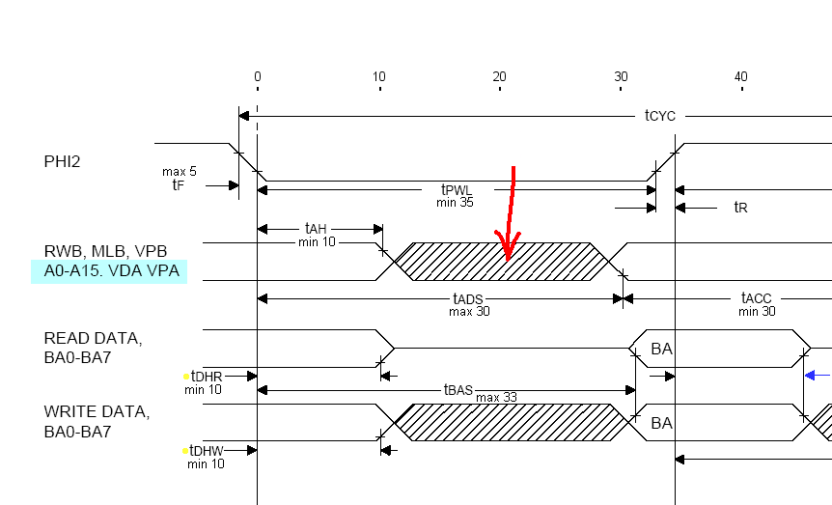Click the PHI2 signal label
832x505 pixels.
click(x=62, y=161)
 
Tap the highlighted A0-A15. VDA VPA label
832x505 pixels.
click(x=111, y=270)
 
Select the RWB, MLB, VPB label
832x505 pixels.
click(x=105, y=251)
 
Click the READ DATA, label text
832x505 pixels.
click(x=93, y=338)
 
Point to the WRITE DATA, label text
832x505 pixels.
click(x=97, y=412)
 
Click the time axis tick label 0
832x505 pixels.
click(x=258, y=77)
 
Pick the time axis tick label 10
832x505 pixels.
click(x=379, y=77)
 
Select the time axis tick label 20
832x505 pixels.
click(x=499, y=77)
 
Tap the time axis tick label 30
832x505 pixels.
click(x=621, y=77)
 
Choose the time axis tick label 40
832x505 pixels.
click(x=740, y=77)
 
